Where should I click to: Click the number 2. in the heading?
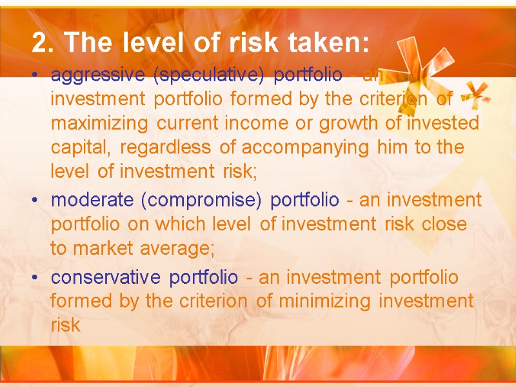click(x=42, y=44)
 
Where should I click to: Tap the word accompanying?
click(x=304, y=148)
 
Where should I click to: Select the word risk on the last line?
click(x=65, y=325)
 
